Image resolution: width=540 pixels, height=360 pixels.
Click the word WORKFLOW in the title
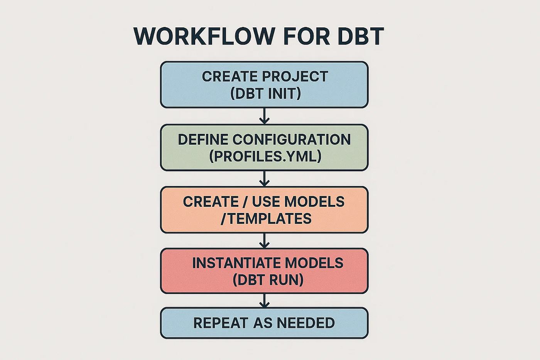pyautogui.click(x=204, y=36)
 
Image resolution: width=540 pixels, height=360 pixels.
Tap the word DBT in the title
pyautogui.click(x=361, y=36)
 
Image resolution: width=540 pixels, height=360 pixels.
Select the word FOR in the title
pyautogui.click(x=306, y=36)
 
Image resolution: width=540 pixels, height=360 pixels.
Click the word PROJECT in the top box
pyautogui.click(x=295, y=76)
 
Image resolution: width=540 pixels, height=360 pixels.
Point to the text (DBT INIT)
pyautogui.click(x=265, y=93)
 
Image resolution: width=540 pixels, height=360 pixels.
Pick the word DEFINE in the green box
pyautogui.click(x=203, y=139)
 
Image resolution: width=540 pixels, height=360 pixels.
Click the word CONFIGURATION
pyautogui.click(x=292, y=139)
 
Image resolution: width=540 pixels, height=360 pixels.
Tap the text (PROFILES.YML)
pyautogui.click(x=265, y=156)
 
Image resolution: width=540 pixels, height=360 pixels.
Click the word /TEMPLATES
pyautogui.click(x=266, y=218)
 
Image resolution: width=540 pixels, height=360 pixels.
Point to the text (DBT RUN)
pyautogui.click(x=268, y=280)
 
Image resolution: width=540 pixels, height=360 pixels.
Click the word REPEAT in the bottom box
pyautogui.click(x=221, y=323)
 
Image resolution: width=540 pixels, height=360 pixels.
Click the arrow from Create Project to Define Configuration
pyautogui.click(x=265, y=116)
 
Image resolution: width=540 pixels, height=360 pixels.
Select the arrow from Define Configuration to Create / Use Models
pyautogui.click(x=265, y=179)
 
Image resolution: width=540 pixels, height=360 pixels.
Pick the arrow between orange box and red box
pyautogui.click(x=265, y=241)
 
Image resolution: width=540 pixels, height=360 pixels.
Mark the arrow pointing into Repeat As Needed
pyautogui.click(x=265, y=301)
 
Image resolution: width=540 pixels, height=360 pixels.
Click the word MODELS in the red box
pyautogui.click(x=314, y=263)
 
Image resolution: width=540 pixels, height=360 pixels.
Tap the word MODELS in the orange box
pyautogui.click(x=314, y=201)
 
